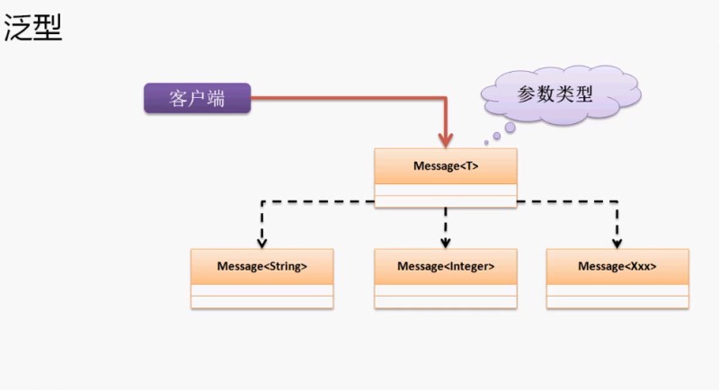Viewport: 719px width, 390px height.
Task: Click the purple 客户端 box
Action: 197,98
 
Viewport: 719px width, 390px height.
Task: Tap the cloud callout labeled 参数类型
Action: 555,93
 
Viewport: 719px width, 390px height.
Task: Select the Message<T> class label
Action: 445,166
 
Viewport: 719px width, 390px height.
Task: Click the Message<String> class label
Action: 262,266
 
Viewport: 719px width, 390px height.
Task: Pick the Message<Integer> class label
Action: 445,266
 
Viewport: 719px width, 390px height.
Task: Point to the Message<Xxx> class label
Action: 617,266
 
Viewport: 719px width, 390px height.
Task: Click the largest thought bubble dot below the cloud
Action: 510,128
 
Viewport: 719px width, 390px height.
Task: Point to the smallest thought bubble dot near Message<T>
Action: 486,143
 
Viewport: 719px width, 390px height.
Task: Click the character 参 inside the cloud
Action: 527,93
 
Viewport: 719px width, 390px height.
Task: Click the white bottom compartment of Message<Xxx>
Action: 617,302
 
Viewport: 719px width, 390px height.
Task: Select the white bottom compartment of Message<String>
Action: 262,302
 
